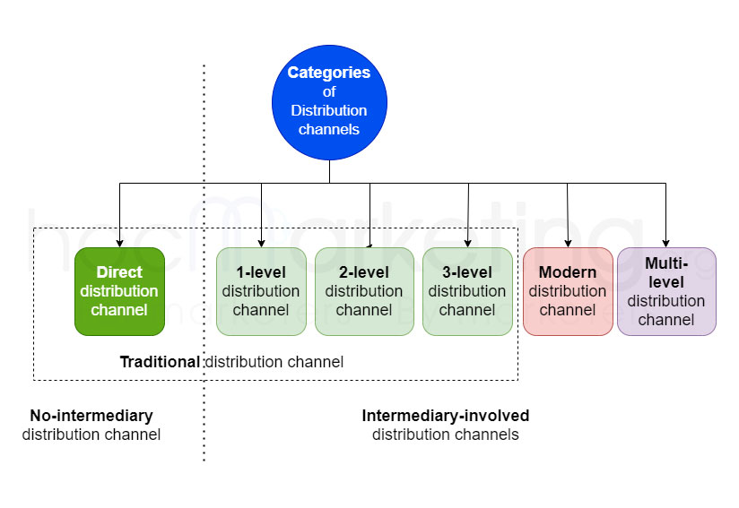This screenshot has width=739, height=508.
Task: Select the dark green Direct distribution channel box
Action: (x=119, y=291)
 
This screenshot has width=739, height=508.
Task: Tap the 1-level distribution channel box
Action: (x=261, y=291)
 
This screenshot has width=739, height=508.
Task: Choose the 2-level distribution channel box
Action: (x=363, y=291)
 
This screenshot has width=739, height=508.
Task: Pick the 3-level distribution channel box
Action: (x=467, y=291)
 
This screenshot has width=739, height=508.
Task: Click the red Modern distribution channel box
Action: (x=568, y=291)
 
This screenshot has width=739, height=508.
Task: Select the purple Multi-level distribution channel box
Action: (x=666, y=291)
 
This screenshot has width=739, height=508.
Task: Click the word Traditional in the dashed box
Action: (x=161, y=362)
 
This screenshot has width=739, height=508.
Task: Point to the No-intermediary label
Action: (x=91, y=416)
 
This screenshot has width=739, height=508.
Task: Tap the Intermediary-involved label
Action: (x=446, y=416)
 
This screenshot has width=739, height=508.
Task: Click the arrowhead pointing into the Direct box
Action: (x=119, y=242)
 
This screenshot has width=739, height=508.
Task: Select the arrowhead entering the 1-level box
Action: (x=261, y=242)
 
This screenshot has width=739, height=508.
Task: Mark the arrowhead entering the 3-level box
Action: (x=468, y=242)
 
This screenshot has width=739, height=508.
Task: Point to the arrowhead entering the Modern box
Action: (x=568, y=242)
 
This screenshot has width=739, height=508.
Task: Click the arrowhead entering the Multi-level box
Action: (x=665, y=242)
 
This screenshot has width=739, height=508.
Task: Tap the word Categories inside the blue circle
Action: (x=329, y=73)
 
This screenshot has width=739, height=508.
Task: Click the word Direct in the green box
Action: (x=119, y=272)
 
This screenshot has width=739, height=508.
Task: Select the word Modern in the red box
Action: (x=568, y=272)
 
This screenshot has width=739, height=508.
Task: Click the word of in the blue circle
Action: (x=329, y=91)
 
